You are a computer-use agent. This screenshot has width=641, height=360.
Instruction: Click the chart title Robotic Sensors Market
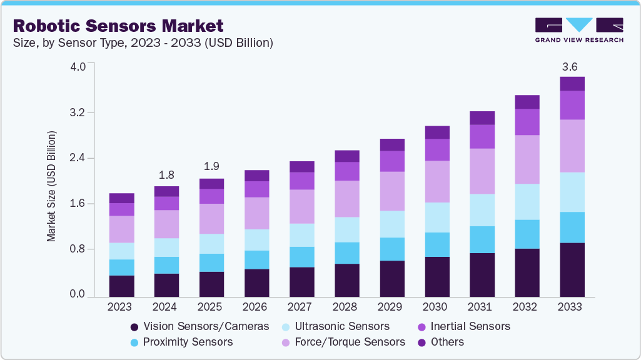point(118,26)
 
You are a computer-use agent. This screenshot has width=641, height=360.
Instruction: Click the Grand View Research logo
point(579,29)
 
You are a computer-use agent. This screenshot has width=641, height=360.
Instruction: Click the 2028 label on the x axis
point(346,307)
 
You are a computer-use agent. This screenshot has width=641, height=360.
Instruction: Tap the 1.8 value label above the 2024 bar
point(166,174)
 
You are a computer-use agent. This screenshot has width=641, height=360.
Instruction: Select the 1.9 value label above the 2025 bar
point(211,167)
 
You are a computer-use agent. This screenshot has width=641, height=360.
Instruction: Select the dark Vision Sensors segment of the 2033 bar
point(572,269)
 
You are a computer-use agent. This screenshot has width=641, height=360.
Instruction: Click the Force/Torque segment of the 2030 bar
point(437,181)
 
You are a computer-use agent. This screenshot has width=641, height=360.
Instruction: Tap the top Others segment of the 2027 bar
point(301,166)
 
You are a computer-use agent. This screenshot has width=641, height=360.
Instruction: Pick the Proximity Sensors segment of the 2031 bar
point(482,239)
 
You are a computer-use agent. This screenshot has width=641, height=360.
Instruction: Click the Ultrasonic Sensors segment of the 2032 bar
point(527,201)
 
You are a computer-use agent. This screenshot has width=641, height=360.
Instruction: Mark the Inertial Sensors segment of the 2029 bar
point(391,161)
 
